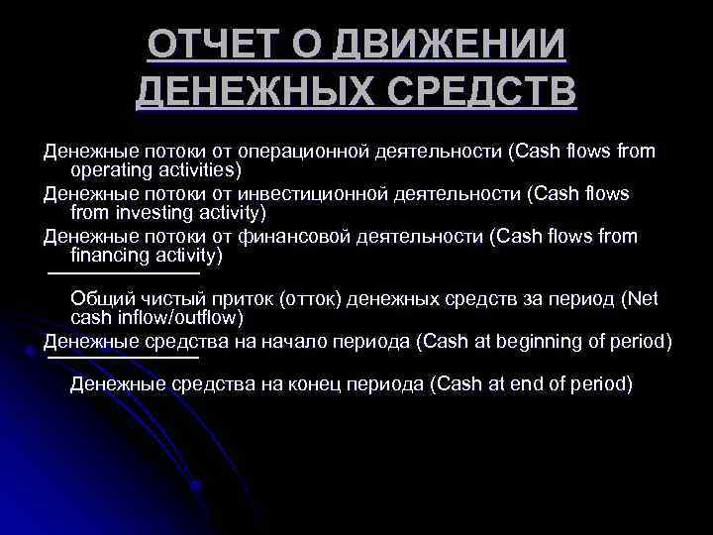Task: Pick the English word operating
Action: tap(110, 170)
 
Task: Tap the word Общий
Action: tap(100, 298)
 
